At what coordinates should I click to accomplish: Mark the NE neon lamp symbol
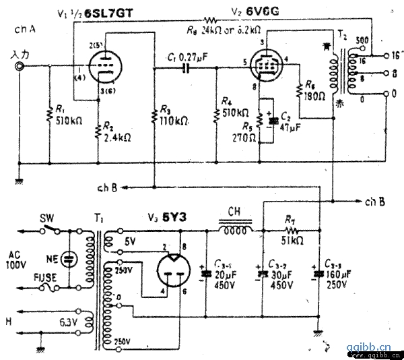(67, 258)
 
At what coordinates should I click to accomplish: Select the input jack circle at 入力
(21, 67)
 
